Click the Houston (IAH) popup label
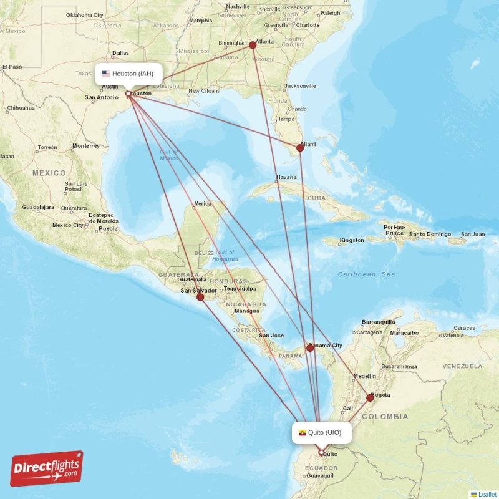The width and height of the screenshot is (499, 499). (x=128, y=74)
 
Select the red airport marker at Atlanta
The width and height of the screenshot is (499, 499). (x=253, y=45)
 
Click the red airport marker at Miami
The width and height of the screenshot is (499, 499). (x=300, y=148)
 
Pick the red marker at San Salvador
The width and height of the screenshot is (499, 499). (x=200, y=297)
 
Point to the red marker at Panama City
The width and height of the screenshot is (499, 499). (x=310, y=347)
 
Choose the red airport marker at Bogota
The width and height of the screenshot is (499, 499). (x=370, y=397)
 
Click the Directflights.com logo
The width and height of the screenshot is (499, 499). (x=47, y=468)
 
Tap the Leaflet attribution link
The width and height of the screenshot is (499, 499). (x=487, y=494)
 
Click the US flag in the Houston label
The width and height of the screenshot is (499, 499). (x=105, y=74)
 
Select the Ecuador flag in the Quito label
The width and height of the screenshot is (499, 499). (x=302, y=432)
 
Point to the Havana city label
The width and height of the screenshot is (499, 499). (x=286, y=177)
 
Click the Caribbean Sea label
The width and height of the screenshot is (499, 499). (x=366, y=274)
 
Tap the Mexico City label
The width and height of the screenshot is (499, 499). (x=67, y=225)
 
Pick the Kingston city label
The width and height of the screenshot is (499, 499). (x=351, y=240)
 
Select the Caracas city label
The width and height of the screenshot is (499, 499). (x=465, y=328)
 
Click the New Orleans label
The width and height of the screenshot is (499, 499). (x=204, y=91)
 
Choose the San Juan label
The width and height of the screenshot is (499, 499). (x=472, y=235)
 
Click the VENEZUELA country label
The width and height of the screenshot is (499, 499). (x=463, y=366)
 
